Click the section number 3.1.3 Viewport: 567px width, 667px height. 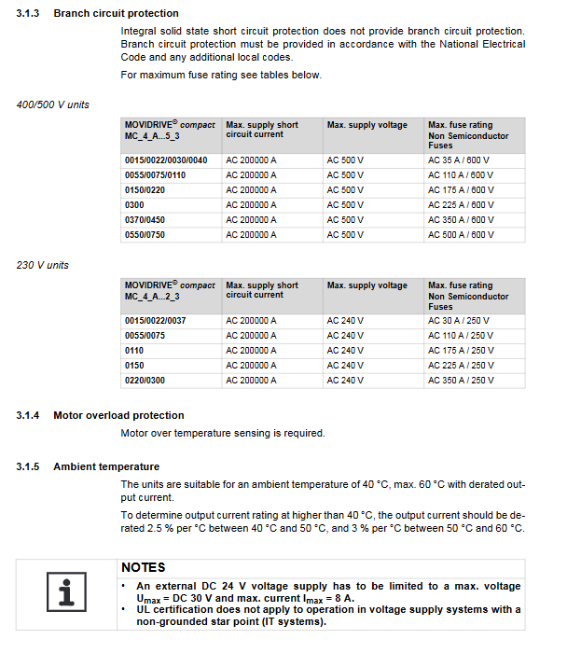tap(29, 13)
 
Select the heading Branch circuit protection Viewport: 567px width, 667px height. tap(116, 13)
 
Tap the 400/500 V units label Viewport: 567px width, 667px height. tap(53, 104)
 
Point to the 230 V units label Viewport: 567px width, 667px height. tap(43, 265)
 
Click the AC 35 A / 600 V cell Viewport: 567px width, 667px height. tap(459, 160)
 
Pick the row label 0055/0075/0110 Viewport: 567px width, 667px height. tap(156, 175)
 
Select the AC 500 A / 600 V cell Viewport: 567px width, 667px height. tap(461, 235)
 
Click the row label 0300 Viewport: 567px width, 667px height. tap(134, 205)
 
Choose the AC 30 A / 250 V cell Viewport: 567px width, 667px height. tap(459, 321)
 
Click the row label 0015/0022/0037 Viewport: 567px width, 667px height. tap(156, 321)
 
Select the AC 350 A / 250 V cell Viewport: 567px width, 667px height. tap(461, 381)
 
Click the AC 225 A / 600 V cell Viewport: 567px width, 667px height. tap(461, 205)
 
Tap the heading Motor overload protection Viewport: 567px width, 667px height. tap(118, 415)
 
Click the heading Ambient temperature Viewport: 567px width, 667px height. tap(106, 466)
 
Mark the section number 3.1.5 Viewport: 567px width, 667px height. tap(29, 466)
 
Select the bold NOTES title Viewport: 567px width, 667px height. tap(143, 567)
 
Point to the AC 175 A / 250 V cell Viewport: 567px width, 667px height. tap(461, 351)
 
